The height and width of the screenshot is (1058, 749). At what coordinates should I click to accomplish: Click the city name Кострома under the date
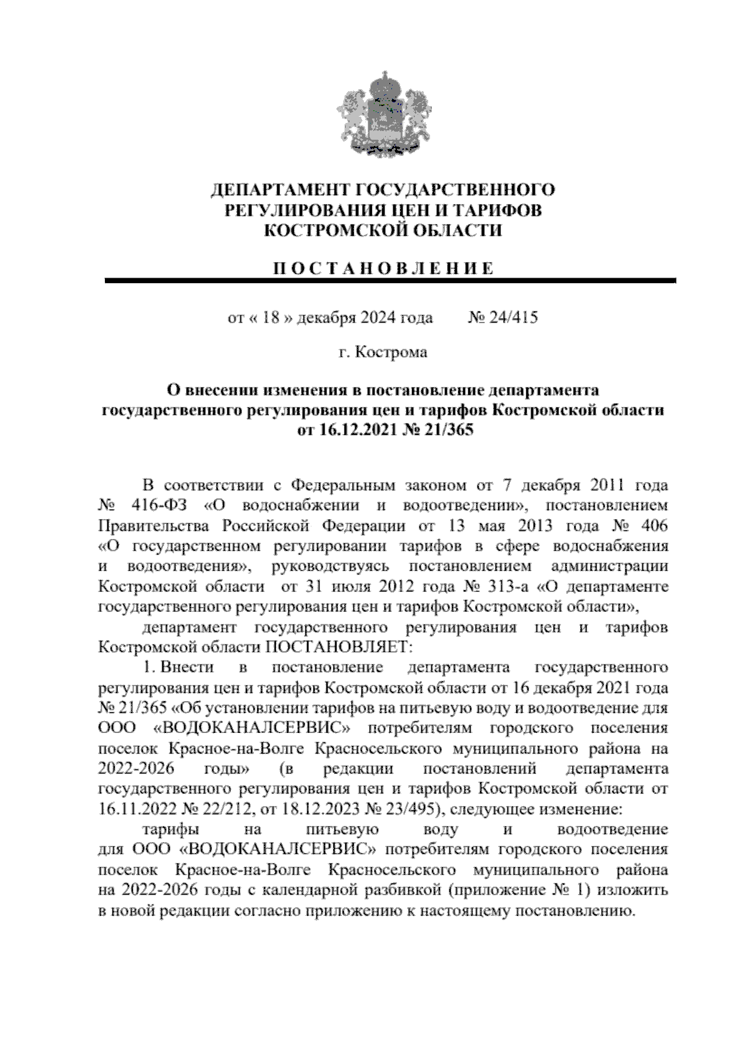391,352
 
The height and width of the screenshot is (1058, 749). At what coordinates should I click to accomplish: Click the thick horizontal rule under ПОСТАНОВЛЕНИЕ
390,282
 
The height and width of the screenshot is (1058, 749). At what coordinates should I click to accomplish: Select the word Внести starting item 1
187,667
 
